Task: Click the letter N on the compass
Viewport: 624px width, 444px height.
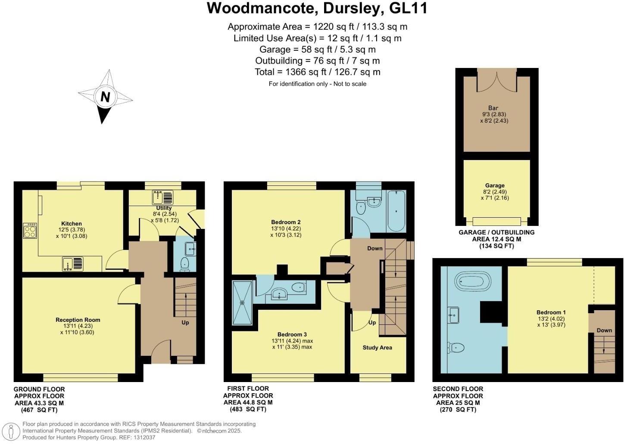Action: [x=105, y=97]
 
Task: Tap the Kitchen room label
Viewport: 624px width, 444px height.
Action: [x=72, y=224]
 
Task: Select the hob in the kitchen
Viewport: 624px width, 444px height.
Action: [x=30, y=231]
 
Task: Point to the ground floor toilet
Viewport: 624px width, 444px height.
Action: [x=185, y=264]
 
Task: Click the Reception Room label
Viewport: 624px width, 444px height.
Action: [x=78, y=320]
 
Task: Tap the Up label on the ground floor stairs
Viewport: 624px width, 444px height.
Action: [x=185, y=322]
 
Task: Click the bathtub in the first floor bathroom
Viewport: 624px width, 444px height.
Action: [x=396, y=211]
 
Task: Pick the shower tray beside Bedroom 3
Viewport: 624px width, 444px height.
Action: [x=241, y=302]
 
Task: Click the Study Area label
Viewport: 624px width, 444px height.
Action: [x=377, y=348]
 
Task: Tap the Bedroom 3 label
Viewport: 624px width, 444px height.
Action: [x=292, y=334]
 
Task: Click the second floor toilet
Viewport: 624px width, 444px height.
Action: [x=455, y=347]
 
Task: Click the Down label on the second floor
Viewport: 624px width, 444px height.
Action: [x=604, y=330]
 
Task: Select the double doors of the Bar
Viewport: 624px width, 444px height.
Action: [x=497, y=80]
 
